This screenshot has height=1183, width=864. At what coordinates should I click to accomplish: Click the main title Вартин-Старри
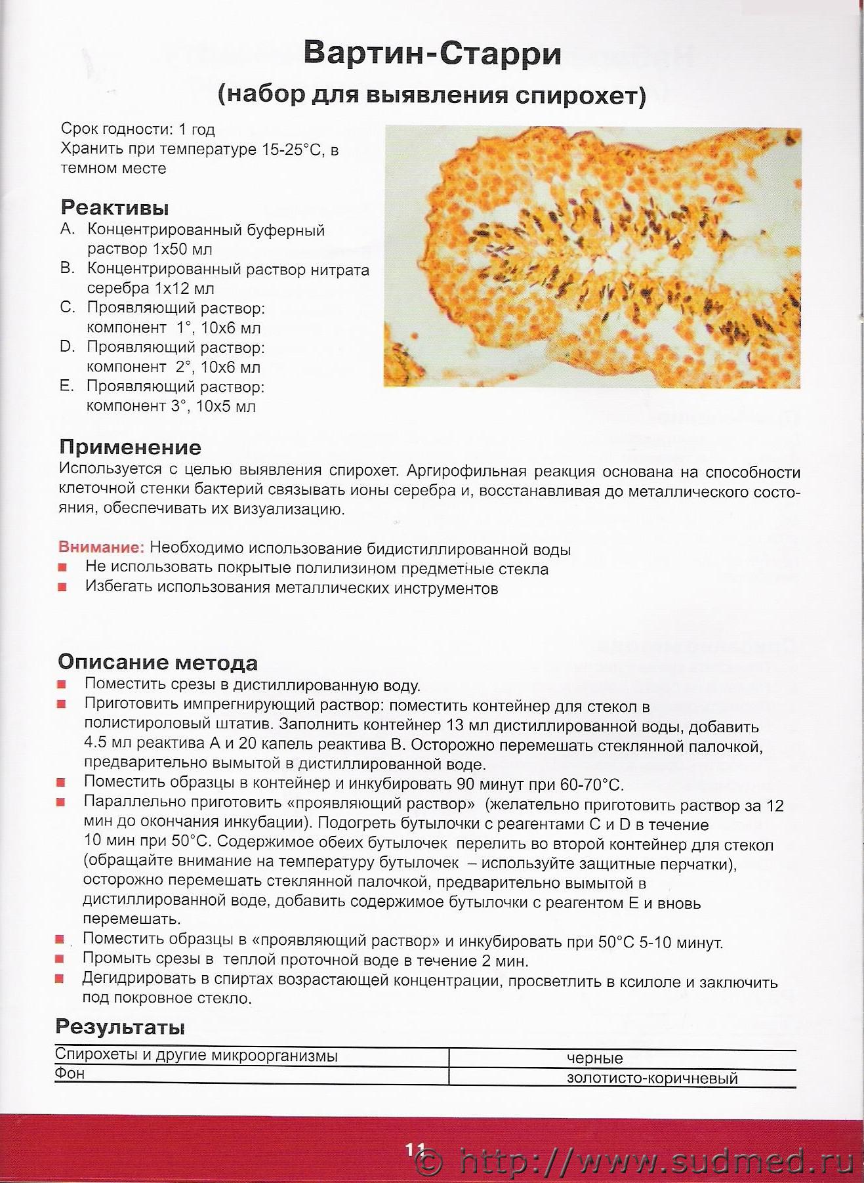[432, 54]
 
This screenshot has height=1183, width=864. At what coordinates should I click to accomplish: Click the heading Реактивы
[115, 208]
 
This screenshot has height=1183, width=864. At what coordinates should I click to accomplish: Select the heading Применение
[130, 447]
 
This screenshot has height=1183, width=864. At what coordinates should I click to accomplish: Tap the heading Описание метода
[157, 662]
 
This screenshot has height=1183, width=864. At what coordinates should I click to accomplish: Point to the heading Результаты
[120, 1027]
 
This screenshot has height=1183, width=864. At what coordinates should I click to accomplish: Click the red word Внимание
[101, 547]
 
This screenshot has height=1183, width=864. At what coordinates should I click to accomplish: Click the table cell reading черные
[594, 1058]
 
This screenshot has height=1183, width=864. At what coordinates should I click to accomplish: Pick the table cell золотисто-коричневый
[652, 1078]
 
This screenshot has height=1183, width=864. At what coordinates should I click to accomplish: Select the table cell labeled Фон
[70, 1073]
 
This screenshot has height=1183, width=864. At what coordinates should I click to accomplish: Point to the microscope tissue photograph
[592, 257]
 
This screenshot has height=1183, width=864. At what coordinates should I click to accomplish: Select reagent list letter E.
[66, 386]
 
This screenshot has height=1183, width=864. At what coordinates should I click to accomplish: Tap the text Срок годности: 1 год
[138, 129]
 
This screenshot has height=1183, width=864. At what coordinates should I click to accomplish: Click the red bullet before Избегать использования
[62, 587]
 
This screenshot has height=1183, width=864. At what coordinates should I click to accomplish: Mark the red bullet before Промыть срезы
[60, 959]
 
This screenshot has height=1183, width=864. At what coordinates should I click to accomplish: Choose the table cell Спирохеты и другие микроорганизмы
[196, 1055]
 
